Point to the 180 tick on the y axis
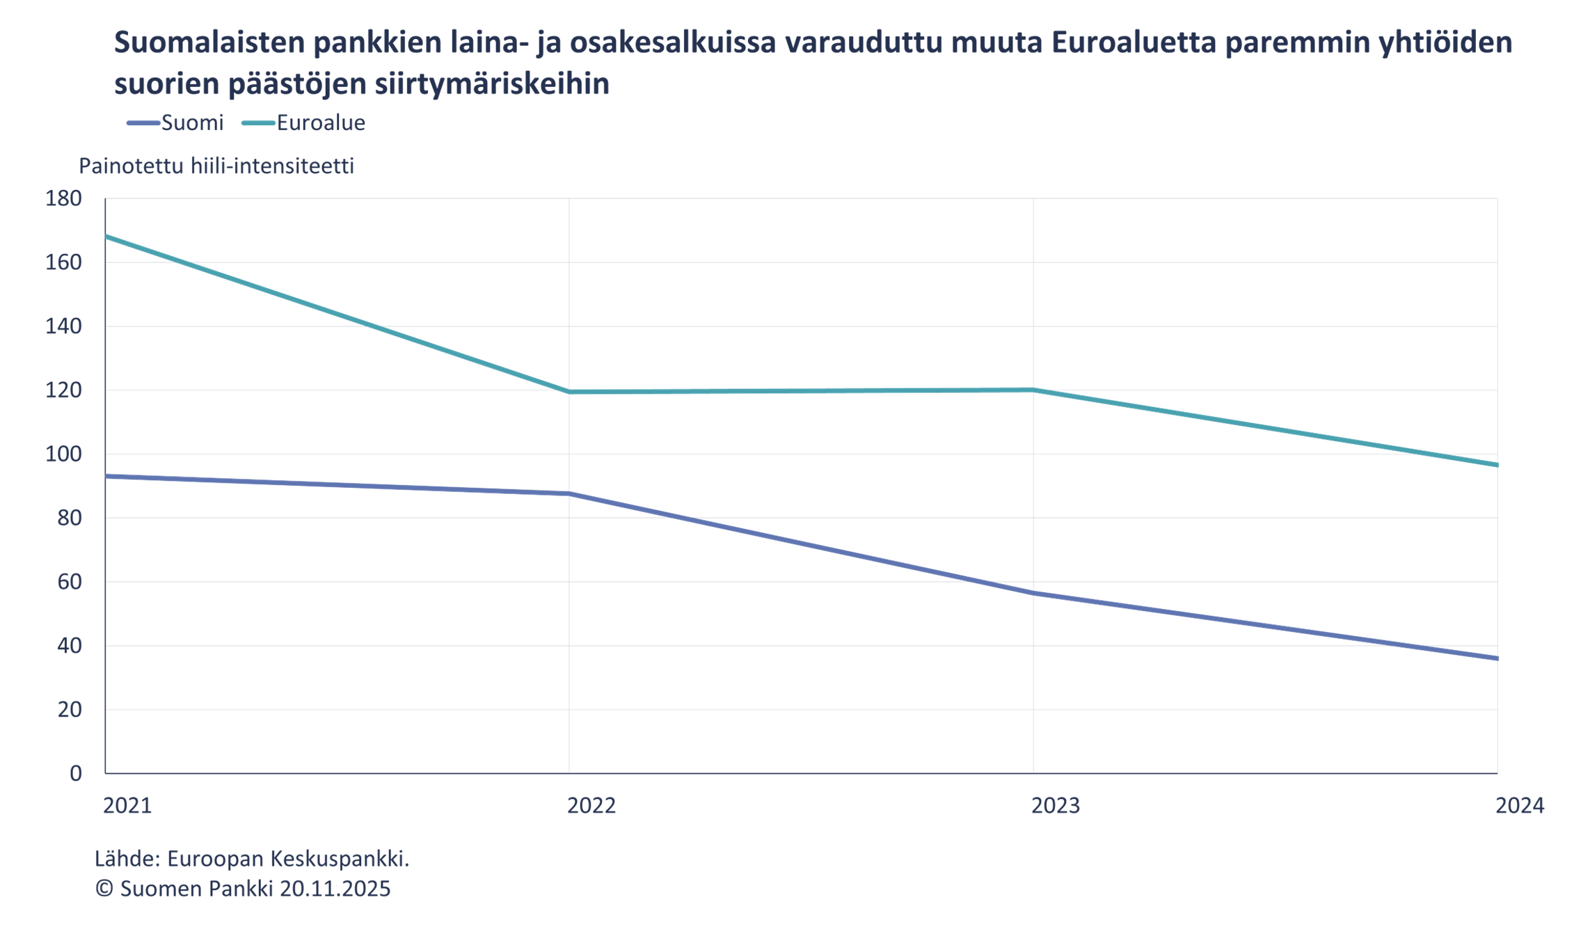click(63, 198)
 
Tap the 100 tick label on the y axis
click(63, 454)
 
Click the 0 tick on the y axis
click(76, 773)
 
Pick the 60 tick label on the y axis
click(70, 582)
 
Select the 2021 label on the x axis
click(127, 806)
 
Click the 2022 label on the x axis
click(591, 806)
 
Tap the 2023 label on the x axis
click(1055, 806)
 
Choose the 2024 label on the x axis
click(1520, 806)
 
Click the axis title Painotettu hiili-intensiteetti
click(216, 166)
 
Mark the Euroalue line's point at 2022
click(569, 392)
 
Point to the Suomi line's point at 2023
click(1033, 593)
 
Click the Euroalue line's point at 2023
click(1033, 390)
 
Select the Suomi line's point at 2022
click(569, 493)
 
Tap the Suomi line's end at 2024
click(1496, 658)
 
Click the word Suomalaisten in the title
click(209, 42)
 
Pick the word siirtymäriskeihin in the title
click(492, 84)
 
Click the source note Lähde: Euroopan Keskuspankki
click(252, 859)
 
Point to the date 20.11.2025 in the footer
click(335, 889)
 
